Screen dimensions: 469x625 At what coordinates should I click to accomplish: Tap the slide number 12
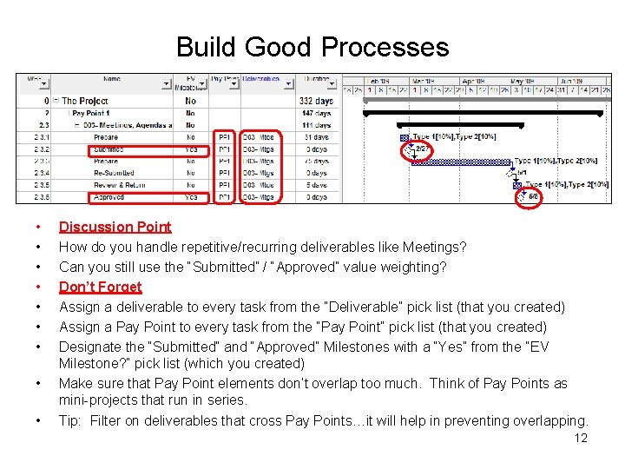point(581,438)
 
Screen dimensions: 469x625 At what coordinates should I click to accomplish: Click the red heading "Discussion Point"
point(115,227)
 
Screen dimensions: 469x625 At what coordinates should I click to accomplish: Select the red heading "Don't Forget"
point(100,287)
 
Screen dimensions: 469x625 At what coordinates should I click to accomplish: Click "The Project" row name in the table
point(85,101)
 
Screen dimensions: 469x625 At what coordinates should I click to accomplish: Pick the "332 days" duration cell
point(317,101)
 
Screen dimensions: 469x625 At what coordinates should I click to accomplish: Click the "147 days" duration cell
point(317,113)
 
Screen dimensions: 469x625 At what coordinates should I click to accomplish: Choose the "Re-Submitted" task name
point(112,173)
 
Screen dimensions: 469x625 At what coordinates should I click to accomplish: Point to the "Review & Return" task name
point(118,185)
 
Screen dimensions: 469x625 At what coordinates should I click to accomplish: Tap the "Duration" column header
point(317,79)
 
